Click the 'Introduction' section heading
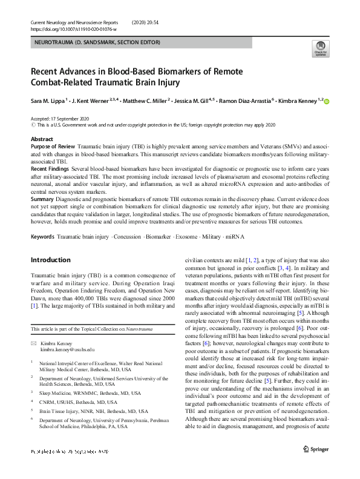(x=50, y=260)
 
